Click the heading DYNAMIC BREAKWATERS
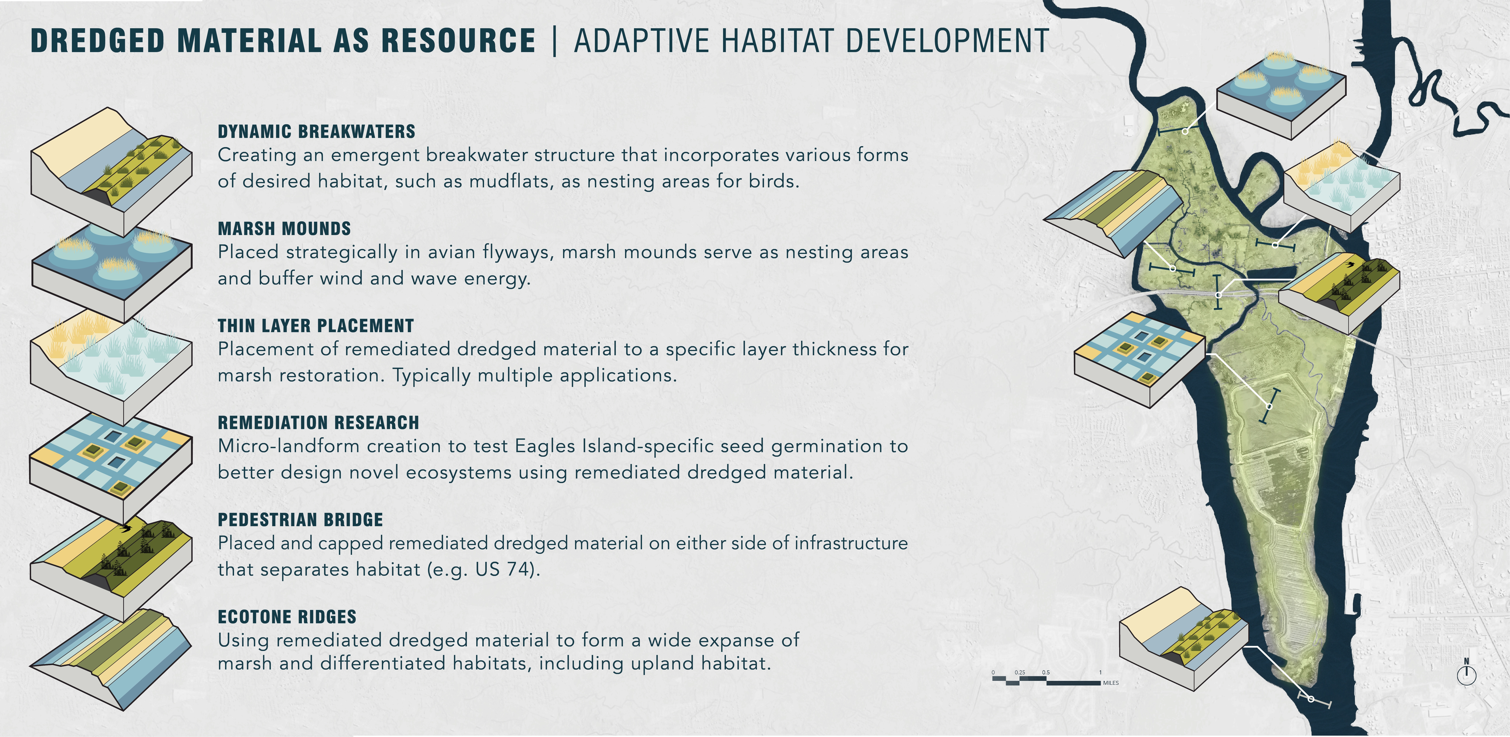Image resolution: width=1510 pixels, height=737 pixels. tap(317, 131)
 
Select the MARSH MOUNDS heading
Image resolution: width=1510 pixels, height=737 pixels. tap(284, 229)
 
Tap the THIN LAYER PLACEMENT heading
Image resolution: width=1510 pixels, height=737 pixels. tap(316, 326)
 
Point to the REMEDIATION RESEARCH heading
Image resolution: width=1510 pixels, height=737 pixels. tap(318, 423)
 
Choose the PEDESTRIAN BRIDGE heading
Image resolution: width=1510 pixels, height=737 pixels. tap(300, 520)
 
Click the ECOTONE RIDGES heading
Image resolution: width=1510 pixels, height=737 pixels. tap(287, 617)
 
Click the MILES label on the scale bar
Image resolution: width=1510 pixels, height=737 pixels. tap(1111, 683)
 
